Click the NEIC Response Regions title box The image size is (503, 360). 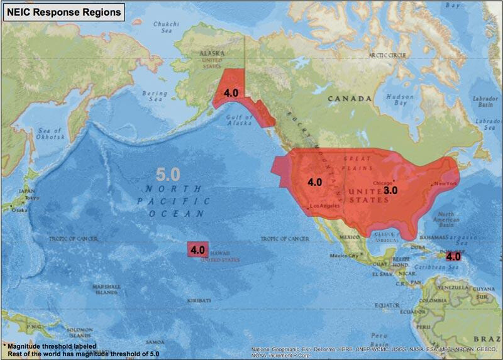(x=63, y=12)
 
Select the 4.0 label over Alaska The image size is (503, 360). (x=231, y=92)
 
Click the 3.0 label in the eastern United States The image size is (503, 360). (x=390, y=190)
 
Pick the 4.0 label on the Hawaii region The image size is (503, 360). (x=197, y=249)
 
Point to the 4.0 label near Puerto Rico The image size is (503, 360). (x=453, y=256)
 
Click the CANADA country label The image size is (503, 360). (x=349, y=99)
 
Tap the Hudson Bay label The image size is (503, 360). (x=400, y=101)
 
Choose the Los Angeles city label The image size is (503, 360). (x=325, y=205)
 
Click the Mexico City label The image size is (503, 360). (x=345, y=256)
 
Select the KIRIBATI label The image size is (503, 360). (x=198, y=301)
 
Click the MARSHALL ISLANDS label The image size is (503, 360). (x=107, y=289)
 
